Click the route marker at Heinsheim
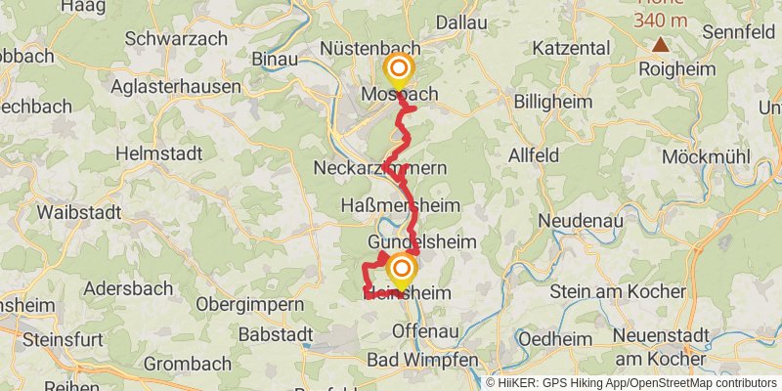pos(401,268)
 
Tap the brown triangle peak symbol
pos(662,44)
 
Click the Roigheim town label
pos(676,69)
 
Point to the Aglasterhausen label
pos(175,86)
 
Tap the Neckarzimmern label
pos(379,168)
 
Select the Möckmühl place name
pos(705,156)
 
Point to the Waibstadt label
pos(78,211)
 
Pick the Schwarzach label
pos(177,39)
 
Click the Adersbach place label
pos(128,288)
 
